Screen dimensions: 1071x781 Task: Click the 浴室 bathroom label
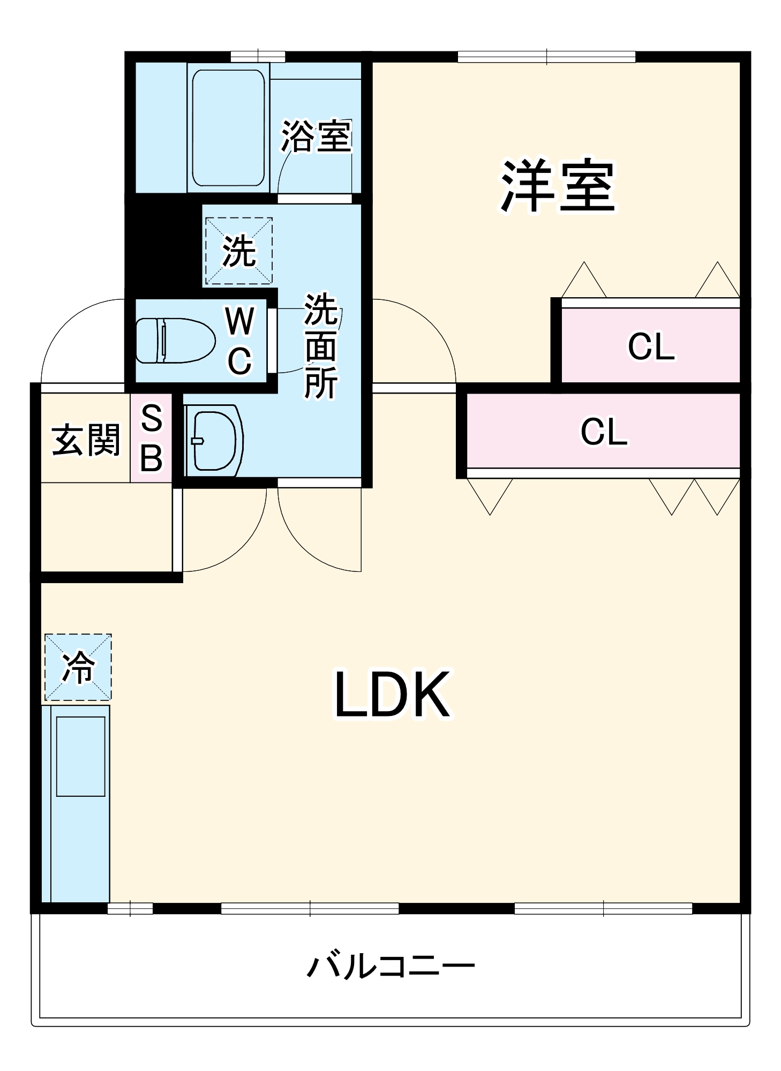pyautogui.click(x=316, y=136)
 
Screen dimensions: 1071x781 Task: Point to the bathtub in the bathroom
pyautogui.click(x=228, y=127)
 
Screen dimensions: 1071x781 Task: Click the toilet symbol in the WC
pyautogui.click(x=175, y=341)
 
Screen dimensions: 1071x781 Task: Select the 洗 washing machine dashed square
pyautogui.click(x=239, y=251)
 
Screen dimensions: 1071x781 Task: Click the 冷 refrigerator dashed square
pyautogui.click(x=78, y=667)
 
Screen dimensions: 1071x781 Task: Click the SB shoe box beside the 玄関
pyautogui.click(x=151, y=438)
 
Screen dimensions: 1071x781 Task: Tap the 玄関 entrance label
pyautogui.click(x=86, y=440)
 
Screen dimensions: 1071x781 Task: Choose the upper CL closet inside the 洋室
pyautogui.click(x=650, y=346)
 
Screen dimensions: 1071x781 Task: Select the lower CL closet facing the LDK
pyautogui.click(x=603, y=432)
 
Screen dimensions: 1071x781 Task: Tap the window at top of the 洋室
pyautogui.click(x=546, y=57)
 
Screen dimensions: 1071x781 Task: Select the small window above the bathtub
pyautogui.click(x=258, y=57)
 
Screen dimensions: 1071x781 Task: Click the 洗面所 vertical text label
pyautogui.click(x=321, y=346)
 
